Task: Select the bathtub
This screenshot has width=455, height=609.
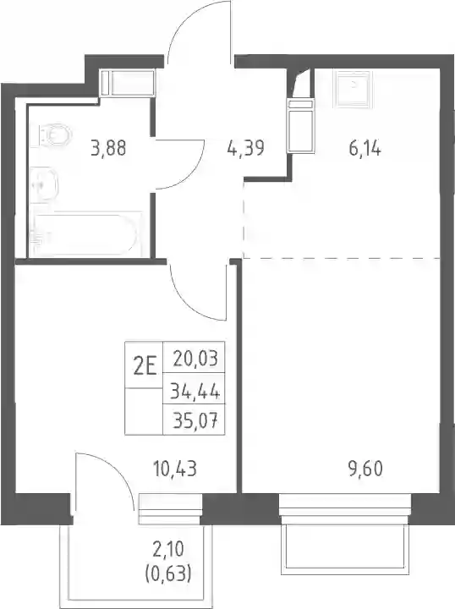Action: [x=85, y=234]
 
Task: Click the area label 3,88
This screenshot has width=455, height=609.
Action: [x=109, y=148]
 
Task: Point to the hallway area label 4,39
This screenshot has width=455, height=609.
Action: [x=246, y=148]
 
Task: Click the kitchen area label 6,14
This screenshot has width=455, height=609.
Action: [x=365, y=148]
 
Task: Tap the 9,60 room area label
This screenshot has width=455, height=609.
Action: [x=365, y=469]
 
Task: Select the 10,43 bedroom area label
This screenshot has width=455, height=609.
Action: [x=175, y=469]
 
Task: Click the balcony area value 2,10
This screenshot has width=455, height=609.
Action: [x=168, y=550]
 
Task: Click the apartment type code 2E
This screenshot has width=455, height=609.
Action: [x=145, y=366]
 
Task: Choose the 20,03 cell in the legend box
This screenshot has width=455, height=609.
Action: [x=195, y=358]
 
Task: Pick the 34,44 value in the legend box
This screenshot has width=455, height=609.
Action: [x=195, y=392]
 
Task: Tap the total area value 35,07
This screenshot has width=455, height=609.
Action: [x=195, y=420]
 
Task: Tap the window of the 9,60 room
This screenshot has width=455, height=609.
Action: [x=345, y=505]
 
